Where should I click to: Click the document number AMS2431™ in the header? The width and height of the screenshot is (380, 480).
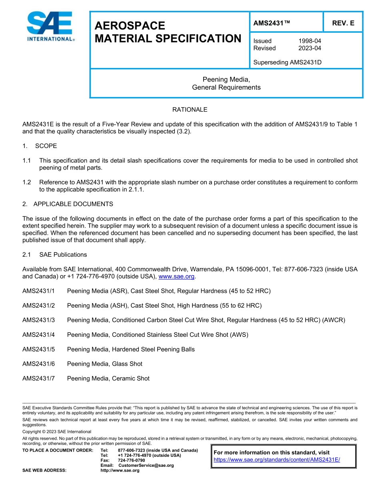point(271,23)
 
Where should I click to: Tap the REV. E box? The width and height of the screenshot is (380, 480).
point(343,23)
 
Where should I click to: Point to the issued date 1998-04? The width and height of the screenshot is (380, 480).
point(310,41)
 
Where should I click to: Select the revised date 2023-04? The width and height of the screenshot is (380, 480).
point(310,48)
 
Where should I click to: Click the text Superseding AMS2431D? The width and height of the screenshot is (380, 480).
point(287,62)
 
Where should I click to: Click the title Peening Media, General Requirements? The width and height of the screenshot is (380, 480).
point(226,83)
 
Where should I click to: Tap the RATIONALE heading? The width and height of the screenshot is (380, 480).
point(190,110)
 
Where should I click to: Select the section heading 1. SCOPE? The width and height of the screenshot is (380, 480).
point(40,146)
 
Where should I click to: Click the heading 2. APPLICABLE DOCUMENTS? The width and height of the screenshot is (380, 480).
point(68,204)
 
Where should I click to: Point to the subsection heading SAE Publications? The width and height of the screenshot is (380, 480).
point(63,254)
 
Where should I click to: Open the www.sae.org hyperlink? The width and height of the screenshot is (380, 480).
point(176,276)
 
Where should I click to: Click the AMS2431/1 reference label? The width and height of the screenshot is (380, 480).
point(38,291)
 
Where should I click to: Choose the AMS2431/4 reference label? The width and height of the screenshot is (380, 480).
point(38,335)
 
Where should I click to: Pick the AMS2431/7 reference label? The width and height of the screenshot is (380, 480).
point(38,378)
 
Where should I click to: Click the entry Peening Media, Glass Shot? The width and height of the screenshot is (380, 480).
point(104,364)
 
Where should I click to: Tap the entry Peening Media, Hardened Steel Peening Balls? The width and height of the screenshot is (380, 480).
point(131,349)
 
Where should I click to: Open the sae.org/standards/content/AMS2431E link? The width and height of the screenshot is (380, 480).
point(276,460)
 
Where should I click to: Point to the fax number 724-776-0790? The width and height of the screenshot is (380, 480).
point(132,460)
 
